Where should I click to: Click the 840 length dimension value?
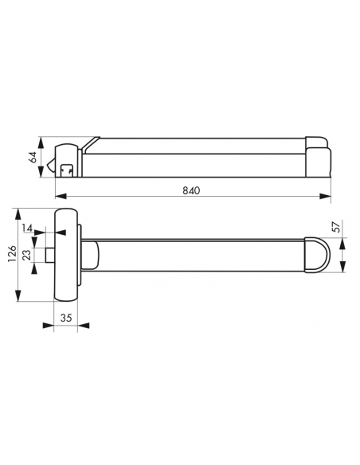tap(191, 190)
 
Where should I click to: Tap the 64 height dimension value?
tap(33, 157)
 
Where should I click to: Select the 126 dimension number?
tap(12, 253)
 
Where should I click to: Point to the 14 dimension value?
tap(27, 228)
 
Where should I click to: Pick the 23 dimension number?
tap(27, 255)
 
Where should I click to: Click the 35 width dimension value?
tap(66, 318)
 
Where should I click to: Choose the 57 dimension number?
tap(337, 227)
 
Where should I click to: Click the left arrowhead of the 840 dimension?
tap(61, 196)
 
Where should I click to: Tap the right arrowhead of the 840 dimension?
tap(325, 196)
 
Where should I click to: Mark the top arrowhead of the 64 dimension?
tap(41, 143)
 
